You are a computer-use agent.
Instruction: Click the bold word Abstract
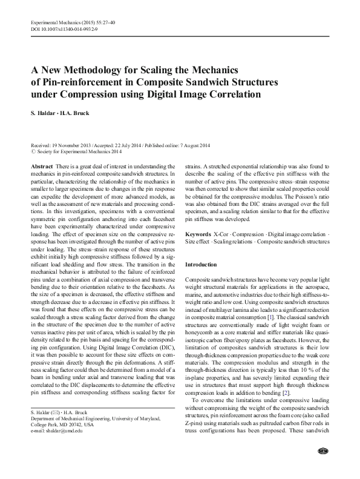(x=41, y=166)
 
